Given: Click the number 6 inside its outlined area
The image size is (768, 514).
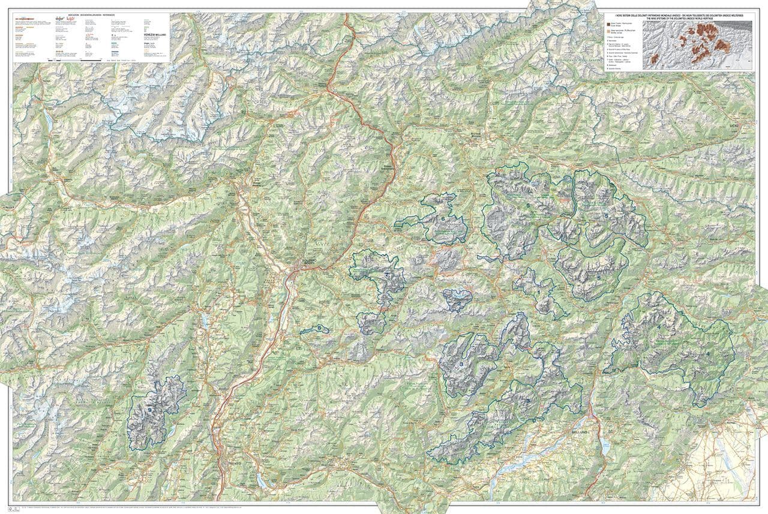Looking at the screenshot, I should [x=443, y=219].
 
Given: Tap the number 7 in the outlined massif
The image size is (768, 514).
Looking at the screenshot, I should [x=387, y=275].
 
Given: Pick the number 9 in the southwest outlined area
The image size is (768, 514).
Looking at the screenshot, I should [x=149, y=410].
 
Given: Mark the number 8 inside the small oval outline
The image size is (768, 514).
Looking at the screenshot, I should [x=320, y=327].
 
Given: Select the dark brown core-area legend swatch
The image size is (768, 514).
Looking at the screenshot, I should [x=608, y=23].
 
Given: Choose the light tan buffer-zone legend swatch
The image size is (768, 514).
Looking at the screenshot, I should [x=608, y=29].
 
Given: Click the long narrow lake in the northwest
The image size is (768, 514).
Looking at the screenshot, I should [x=47, y=121].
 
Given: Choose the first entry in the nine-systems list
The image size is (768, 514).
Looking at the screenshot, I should [x=614, y=37].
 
